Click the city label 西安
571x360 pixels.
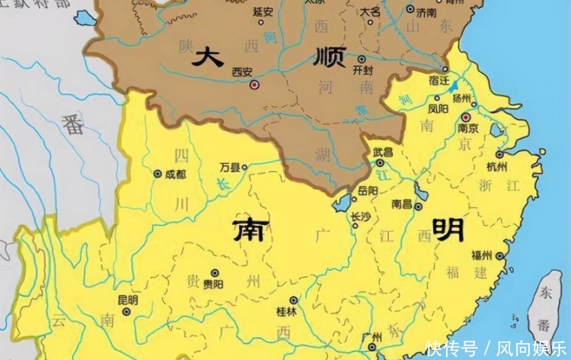(242, 71)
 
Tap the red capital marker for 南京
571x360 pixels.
(466, 117)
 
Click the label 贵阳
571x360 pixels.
(213, 284)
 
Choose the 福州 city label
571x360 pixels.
(481, 255)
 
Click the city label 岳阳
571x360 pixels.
(368, 191)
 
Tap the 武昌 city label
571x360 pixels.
(383, 152)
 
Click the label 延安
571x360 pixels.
(263, 12)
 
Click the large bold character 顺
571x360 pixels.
(329, 57)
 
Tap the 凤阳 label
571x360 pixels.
(439, 109)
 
